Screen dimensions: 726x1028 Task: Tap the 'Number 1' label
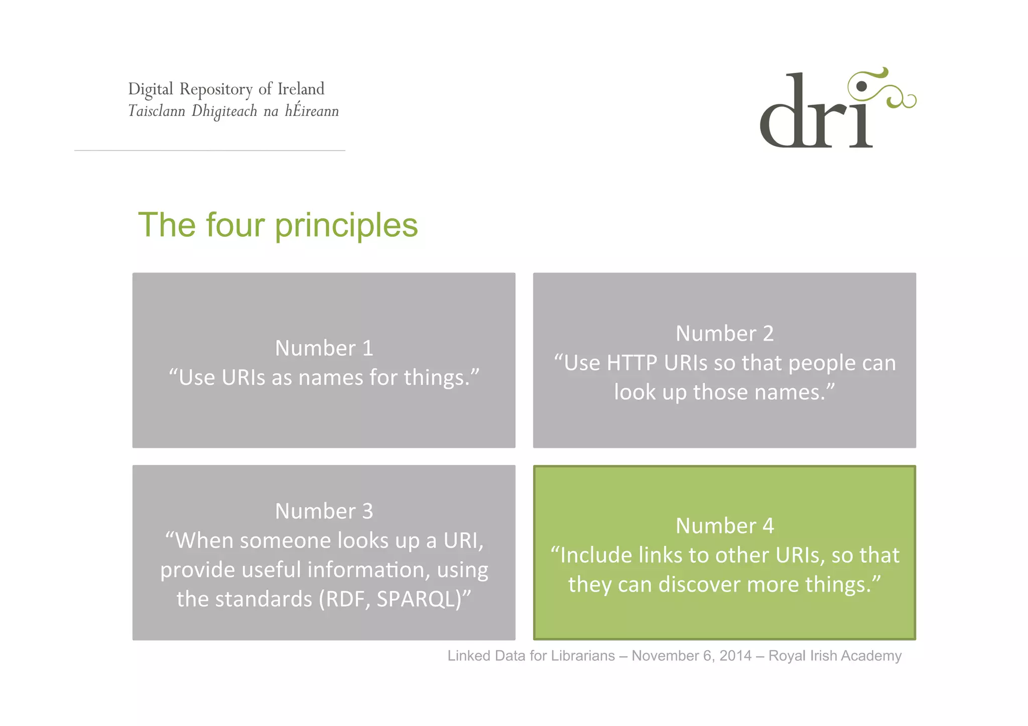(324, 348)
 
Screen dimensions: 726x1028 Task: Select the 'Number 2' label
(724, 334)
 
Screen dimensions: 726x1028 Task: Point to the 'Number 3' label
(324, 511)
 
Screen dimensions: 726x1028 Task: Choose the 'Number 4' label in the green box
(724, 526)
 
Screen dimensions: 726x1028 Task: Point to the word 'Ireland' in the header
(301, 89)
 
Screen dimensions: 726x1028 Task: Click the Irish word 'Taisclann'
(157, 111)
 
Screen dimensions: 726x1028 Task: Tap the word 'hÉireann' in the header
(312, 110)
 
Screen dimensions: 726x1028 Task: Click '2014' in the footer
(735, 656)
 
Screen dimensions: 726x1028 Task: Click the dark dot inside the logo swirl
(861, 86)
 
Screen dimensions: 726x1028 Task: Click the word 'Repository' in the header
(216, 89)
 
